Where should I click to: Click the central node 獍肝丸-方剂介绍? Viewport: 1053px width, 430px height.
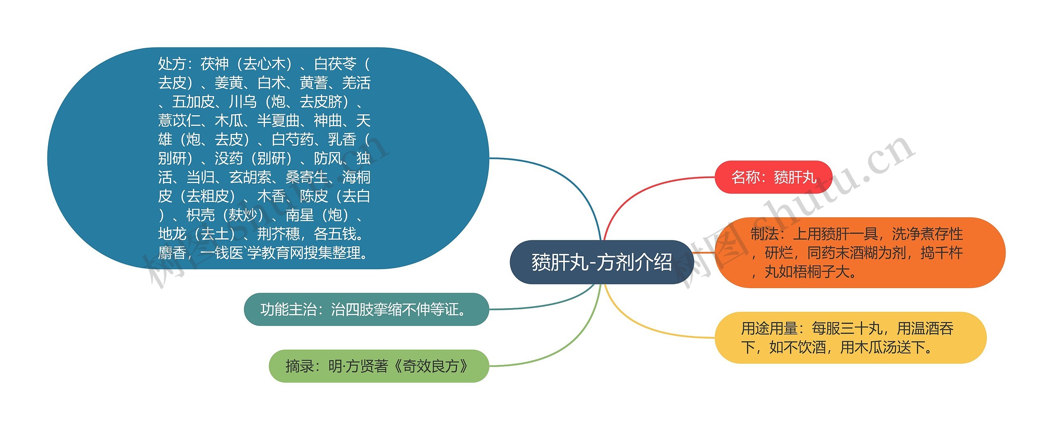pos(601,262)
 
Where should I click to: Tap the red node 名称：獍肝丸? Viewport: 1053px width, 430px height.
pos(773,177)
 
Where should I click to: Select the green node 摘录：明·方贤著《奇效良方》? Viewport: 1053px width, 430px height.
pos(378,366)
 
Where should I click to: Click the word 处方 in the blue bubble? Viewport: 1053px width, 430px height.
pos(172,64)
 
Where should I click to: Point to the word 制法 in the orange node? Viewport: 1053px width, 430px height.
pos(764,234)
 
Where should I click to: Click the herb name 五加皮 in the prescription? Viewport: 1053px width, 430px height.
pos(193,102)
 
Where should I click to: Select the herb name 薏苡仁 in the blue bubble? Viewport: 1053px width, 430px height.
pos(179,121)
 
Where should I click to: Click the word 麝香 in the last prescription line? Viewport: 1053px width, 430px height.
pos(172,253)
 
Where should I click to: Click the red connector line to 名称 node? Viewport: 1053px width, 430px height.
pos(642,185)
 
